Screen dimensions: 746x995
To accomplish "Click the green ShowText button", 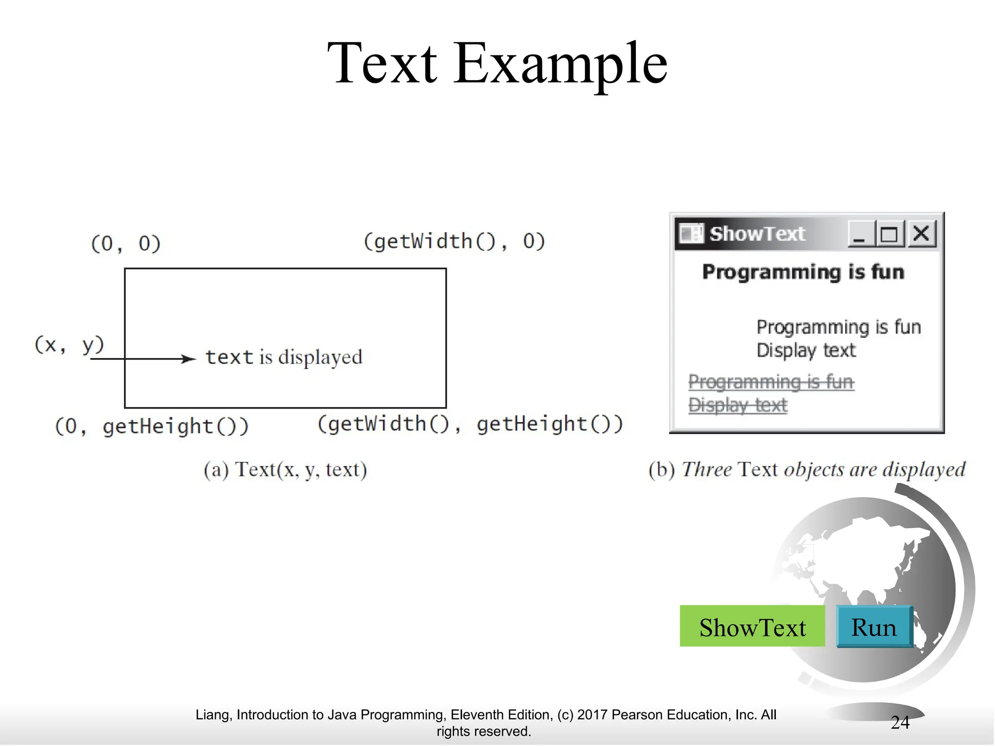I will click(x=752, y=627).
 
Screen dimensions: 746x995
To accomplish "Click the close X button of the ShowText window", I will click(x=921, y=234).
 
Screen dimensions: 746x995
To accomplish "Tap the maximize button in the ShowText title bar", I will click(x=890, y=234).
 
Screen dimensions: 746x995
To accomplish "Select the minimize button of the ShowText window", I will click(x=860, y=234).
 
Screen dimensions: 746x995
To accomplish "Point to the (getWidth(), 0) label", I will click(x=454, y=241).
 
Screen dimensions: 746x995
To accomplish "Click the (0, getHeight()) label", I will click(x=152, y=426).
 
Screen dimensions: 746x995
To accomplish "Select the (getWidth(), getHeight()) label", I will click(x=470, y=424).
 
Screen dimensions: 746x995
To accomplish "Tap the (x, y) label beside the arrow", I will click(x=69, y=345).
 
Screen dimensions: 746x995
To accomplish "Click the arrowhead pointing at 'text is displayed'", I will click(x=189, y=359).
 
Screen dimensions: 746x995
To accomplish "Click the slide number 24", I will click(x=900, y=722).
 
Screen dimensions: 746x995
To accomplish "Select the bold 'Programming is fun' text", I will click(x=803, y=272).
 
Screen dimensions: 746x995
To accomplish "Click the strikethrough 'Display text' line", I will click(x=738, y=405).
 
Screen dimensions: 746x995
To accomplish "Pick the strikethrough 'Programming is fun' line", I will click(x=771, y=382).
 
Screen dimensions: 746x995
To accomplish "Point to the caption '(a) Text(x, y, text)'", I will click(x=285, y=470).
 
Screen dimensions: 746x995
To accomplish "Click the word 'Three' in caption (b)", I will click(x=706, y=470).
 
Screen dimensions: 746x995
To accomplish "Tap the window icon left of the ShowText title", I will click(x=690, y=234).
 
